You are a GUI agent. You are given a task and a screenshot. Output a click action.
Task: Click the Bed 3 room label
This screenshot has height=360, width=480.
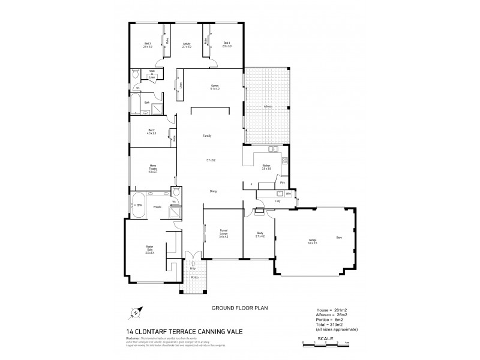pos(148,44)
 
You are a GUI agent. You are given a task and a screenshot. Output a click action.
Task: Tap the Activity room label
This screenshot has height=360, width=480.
pos(187,44)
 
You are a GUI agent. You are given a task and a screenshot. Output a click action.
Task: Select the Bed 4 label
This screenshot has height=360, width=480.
pos(226,44)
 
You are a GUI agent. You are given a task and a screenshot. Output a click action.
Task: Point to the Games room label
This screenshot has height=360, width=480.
pos(213,87)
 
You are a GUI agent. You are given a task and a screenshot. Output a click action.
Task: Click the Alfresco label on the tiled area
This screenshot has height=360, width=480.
pos(268,107)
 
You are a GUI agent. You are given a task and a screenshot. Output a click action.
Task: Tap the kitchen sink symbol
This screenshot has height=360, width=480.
pos(273,149)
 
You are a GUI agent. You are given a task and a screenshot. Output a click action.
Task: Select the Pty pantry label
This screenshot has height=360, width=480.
pos(282,182)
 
